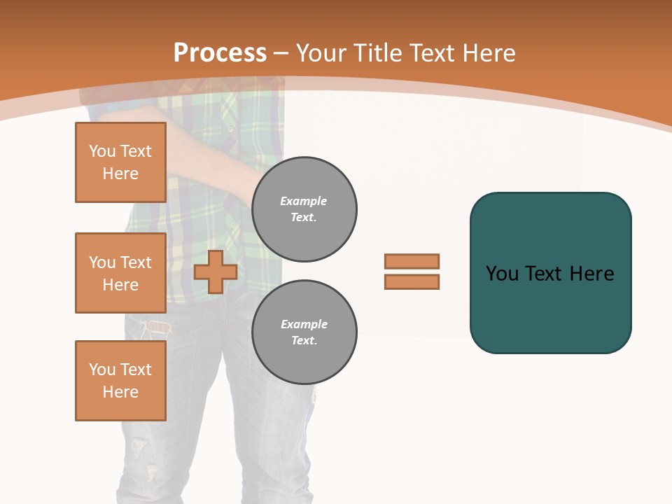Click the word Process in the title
220,53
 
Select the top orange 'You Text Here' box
120,162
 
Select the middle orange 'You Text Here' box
120,273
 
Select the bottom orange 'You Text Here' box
120,381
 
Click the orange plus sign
216,272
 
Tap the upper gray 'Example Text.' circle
304,209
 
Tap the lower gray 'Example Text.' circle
304,332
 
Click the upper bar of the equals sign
412,261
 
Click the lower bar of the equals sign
412,281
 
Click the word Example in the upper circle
303,201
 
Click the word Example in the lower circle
304,324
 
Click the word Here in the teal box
591,274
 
